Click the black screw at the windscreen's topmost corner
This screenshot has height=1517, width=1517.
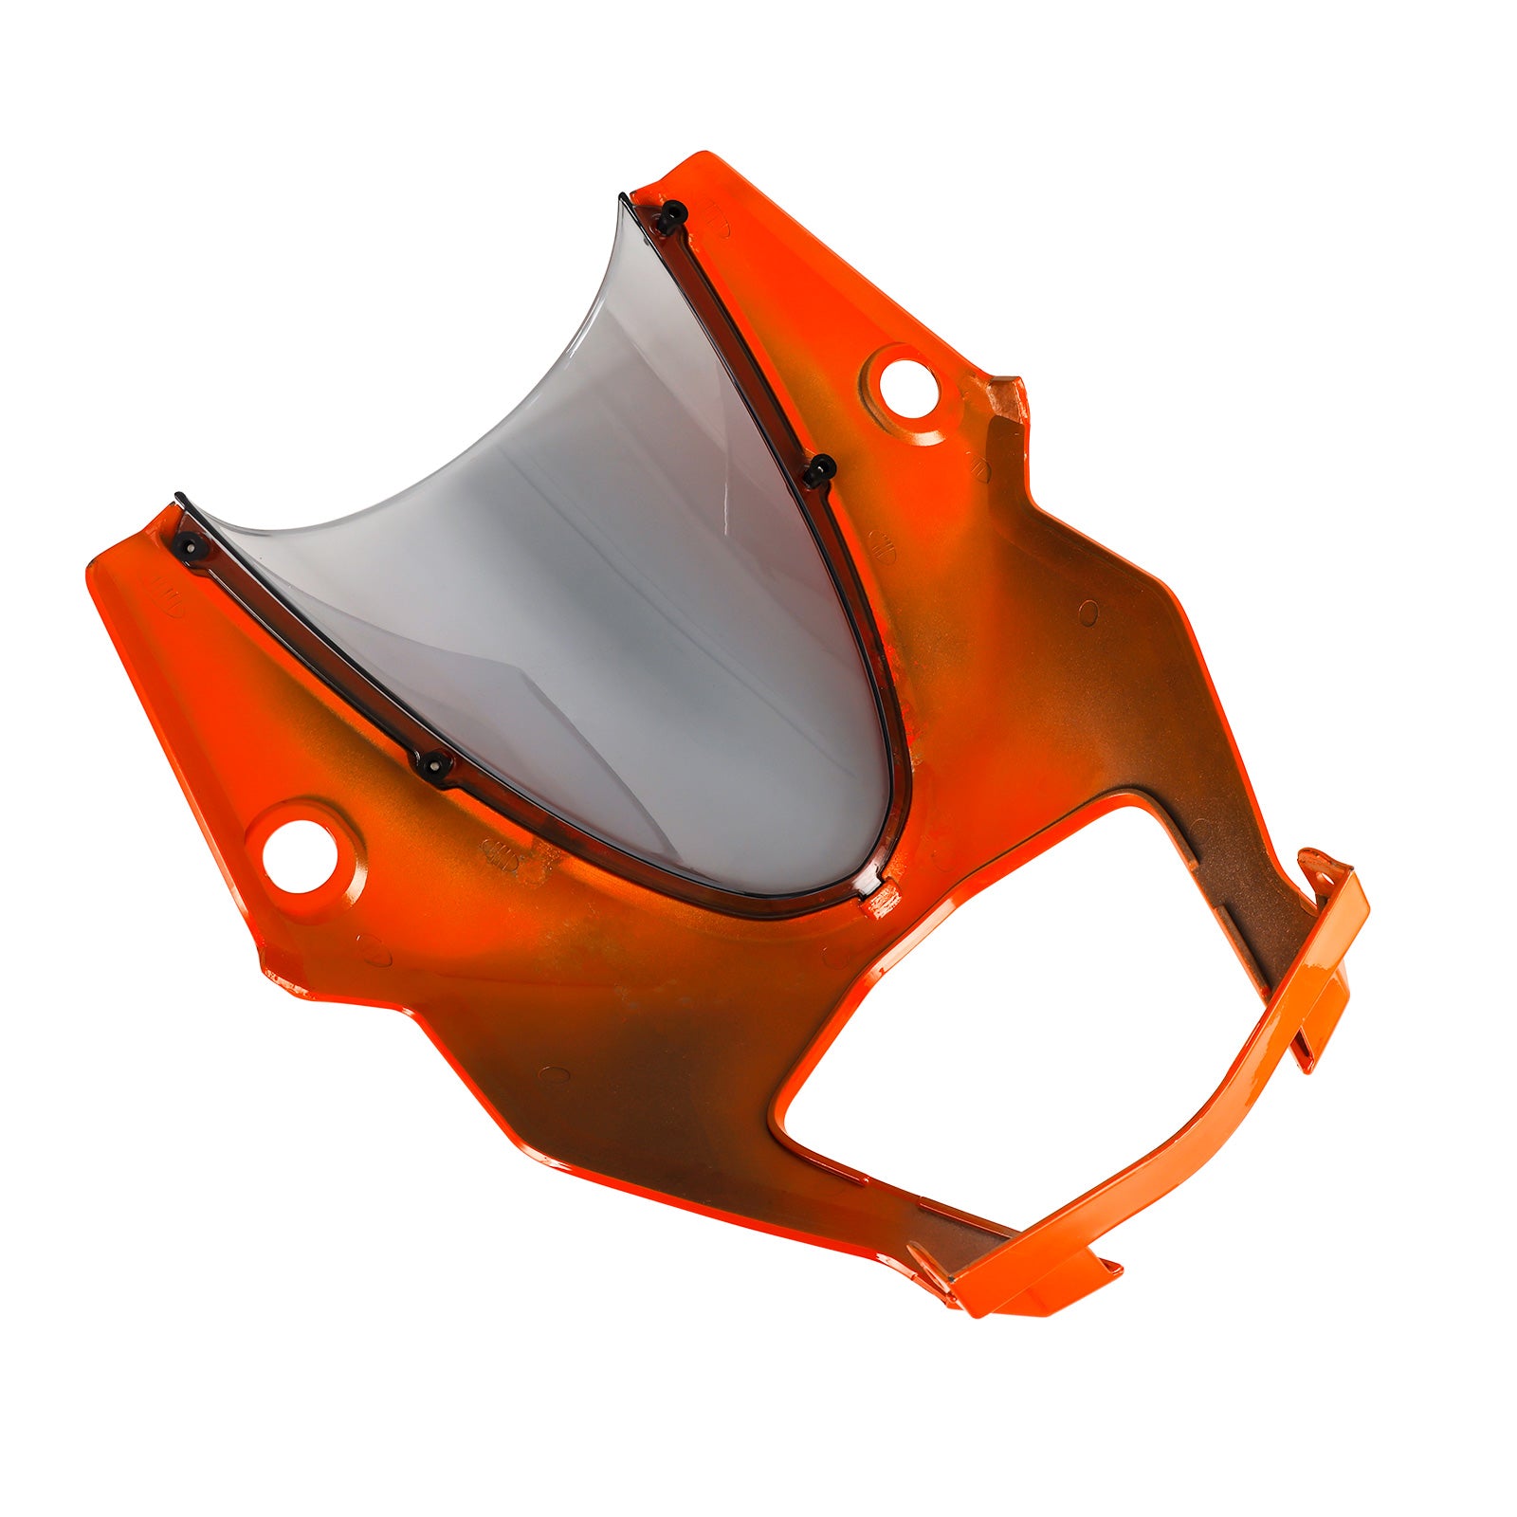671,216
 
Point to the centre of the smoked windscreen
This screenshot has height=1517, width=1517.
607,607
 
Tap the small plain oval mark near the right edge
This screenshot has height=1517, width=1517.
1088,612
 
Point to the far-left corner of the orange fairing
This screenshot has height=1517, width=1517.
93,574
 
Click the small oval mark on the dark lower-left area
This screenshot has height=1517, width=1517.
553,1074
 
